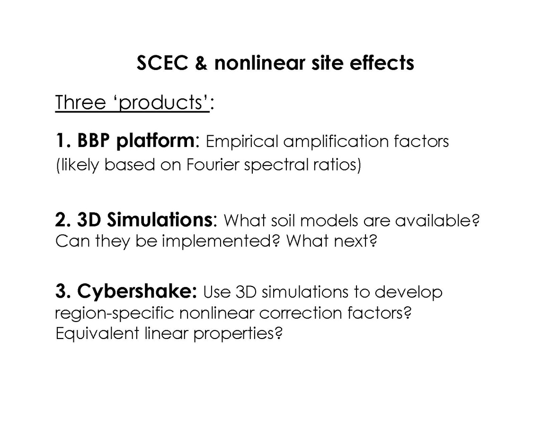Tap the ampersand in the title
click(201, 63)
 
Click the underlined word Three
click(80, 103)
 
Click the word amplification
click(336, 142)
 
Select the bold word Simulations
click(144, 220)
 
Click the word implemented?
click(221, 242)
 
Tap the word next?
click(355, 241)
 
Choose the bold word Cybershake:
click(137, 291)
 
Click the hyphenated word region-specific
click(115, 313)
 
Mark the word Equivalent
click(98, 333)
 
